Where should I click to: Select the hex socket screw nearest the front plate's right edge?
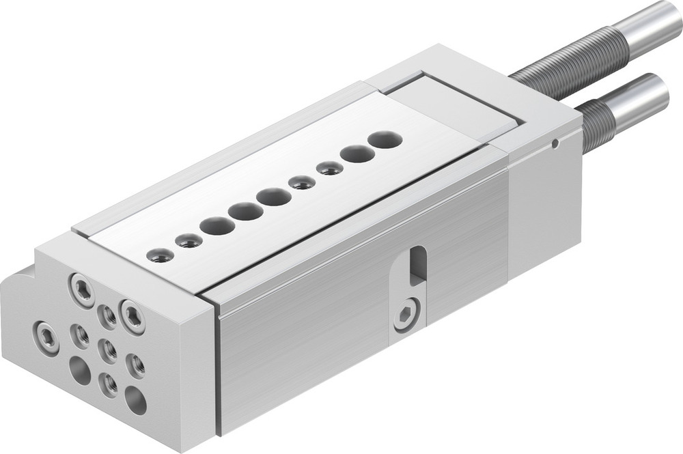point(133,316)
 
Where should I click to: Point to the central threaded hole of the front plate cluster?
point(107,349)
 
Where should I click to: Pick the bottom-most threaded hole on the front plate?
point(108,385)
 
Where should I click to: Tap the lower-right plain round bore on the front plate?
point(135,400)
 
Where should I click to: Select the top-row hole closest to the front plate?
point(160,255)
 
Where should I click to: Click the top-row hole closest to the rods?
point(385,140)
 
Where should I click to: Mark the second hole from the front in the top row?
point(189,240)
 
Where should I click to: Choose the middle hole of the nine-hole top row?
point(273,197)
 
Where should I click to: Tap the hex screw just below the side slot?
point(405,316)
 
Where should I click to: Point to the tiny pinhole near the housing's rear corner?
point(556,143)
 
